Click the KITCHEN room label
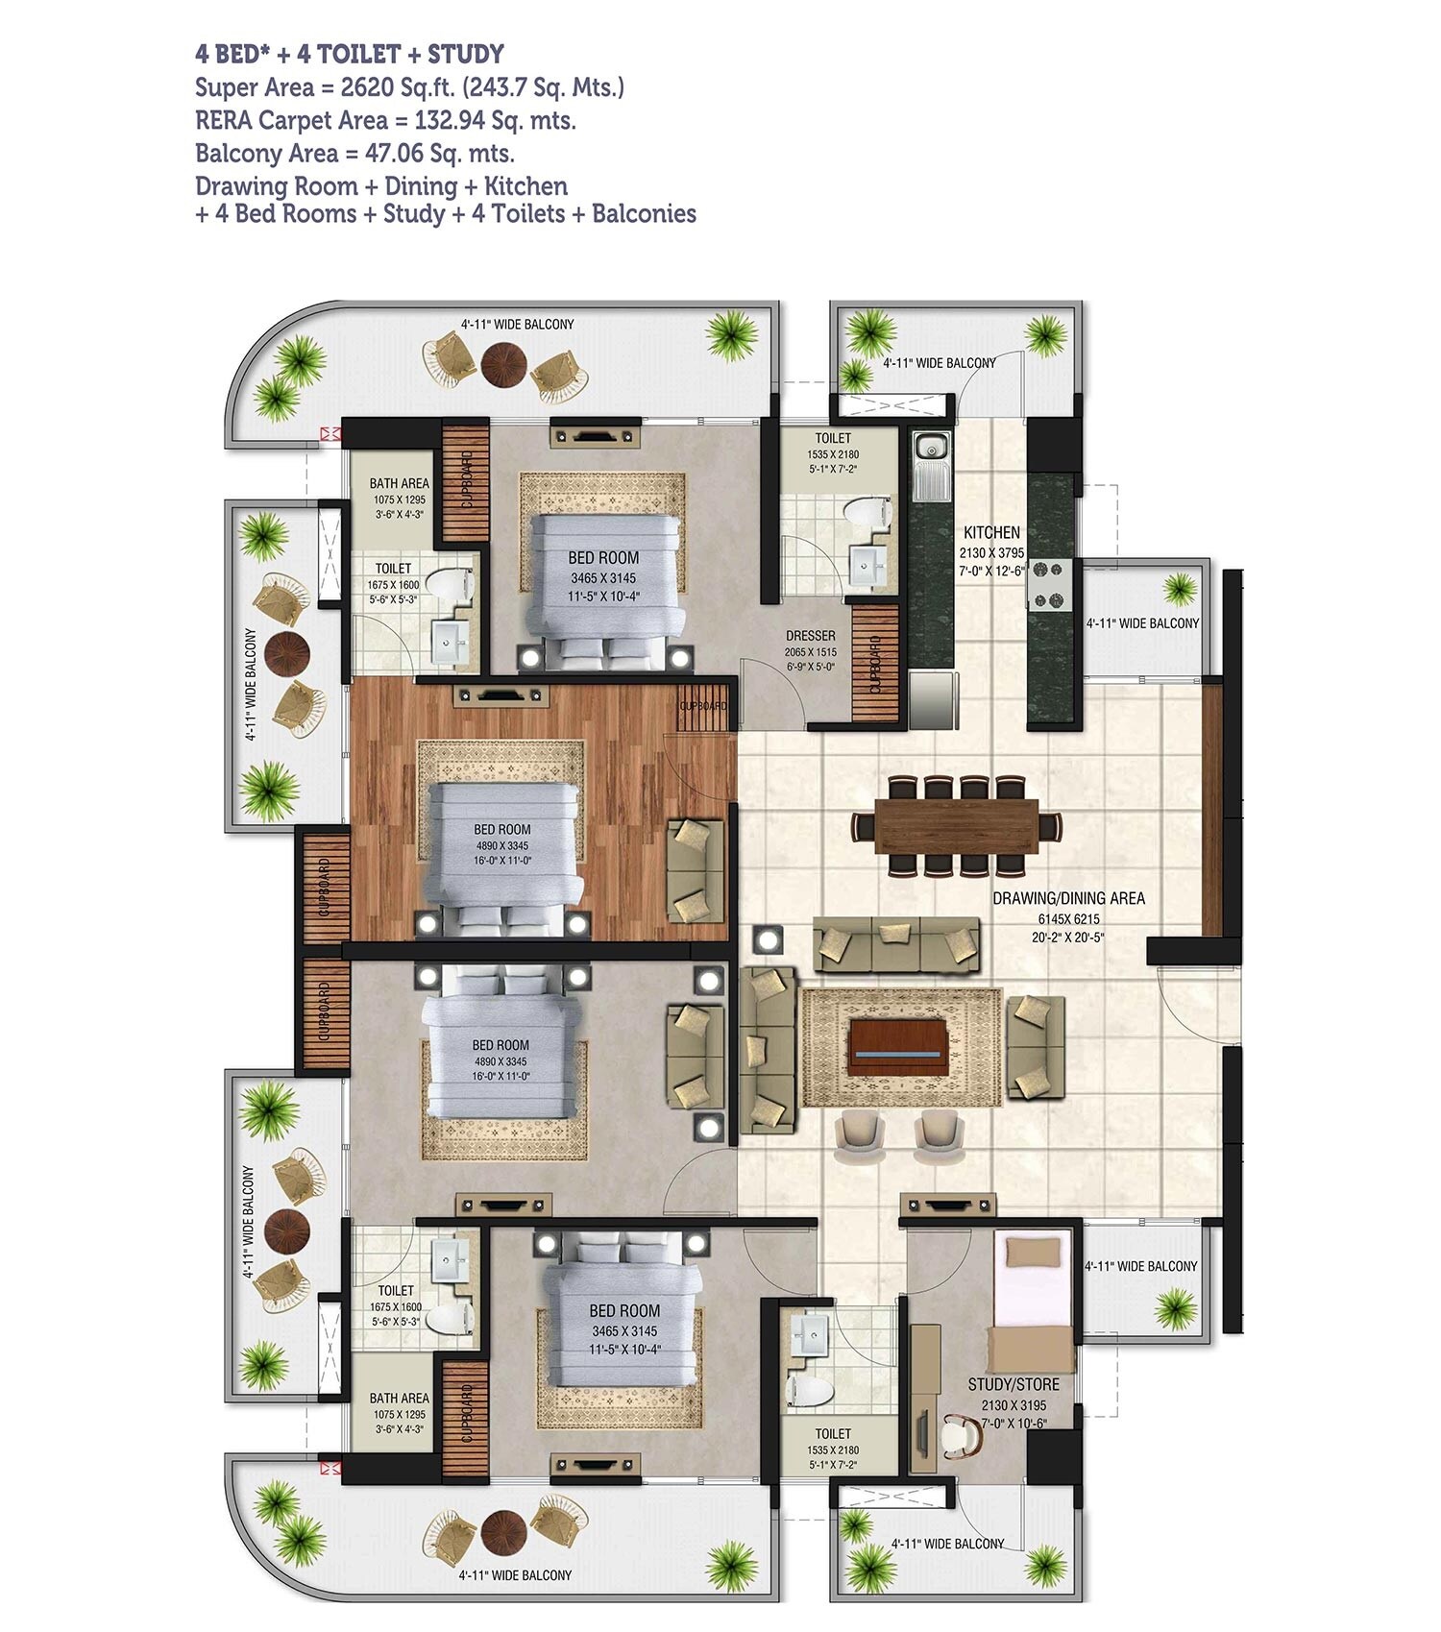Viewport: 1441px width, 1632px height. pos(991,532)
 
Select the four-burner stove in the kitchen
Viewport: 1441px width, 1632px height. pos(1049,584)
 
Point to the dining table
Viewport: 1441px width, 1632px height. pos(958,827)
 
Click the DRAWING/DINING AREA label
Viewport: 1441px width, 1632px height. pos(1068,898)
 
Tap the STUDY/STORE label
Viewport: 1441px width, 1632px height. pos(1014,1384)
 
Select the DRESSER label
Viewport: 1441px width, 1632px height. pos(810,636)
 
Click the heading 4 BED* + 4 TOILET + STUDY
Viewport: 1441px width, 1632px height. pos(350,54)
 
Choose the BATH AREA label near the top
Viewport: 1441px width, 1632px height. pos(399,483)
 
